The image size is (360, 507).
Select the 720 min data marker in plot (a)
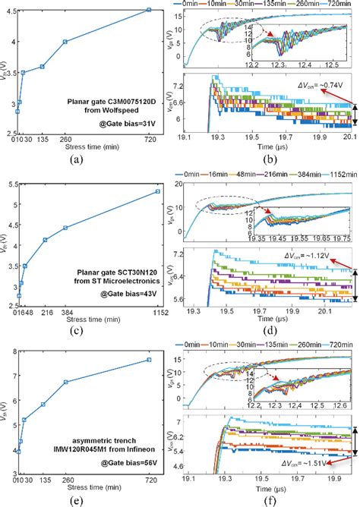[149, 10]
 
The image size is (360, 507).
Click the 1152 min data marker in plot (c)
[157, 191]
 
